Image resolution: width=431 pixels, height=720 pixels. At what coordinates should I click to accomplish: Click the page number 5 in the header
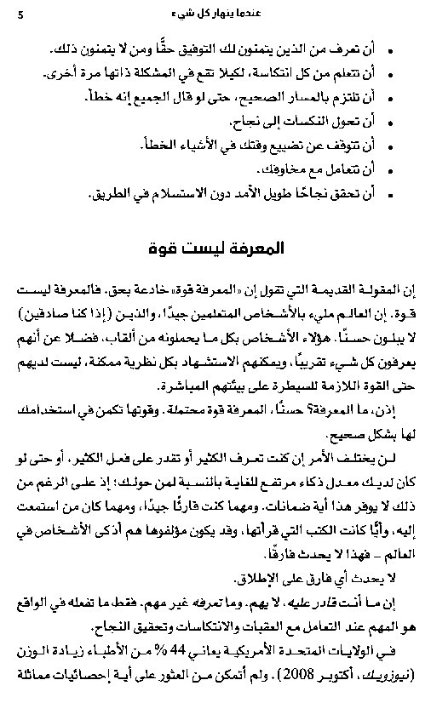[x=20, y=13]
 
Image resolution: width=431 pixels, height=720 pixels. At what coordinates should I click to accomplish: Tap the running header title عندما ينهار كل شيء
[x=215, y=13]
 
